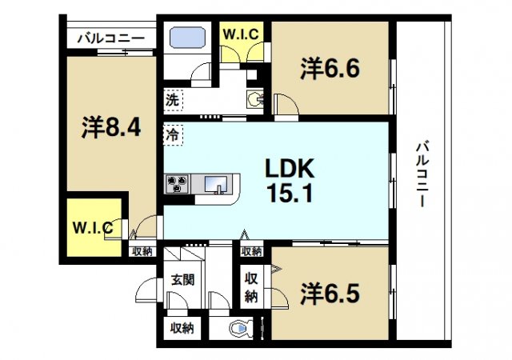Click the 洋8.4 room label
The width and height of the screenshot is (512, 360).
click(x=112, y=128)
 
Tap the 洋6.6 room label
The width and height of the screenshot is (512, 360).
click(x=330, y=69)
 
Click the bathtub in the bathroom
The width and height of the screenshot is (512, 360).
click(x=186, y=38)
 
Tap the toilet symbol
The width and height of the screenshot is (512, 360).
click(x=242, y=328)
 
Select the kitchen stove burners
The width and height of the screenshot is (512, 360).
click(x=178, y=184)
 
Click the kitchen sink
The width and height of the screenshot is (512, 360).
click(x=215, y=186)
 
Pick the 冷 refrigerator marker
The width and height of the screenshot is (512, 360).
click(x=172, y=134)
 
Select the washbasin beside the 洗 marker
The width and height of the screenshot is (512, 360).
click(x=256, y=100)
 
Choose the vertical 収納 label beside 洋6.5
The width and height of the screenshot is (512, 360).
click(x=250, y=286)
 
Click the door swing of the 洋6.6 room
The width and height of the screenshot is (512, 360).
click(x=283, y=105)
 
